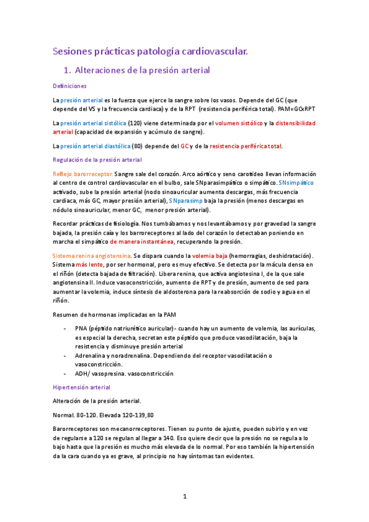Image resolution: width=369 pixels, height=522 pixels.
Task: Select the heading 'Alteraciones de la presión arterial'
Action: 141,70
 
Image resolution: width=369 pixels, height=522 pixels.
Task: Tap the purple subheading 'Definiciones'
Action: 70,86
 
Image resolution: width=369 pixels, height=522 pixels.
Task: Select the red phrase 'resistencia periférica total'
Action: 245,146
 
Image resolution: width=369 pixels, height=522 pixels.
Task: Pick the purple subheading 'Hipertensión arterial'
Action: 81,387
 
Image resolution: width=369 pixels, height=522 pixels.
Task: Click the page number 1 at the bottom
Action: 184,496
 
